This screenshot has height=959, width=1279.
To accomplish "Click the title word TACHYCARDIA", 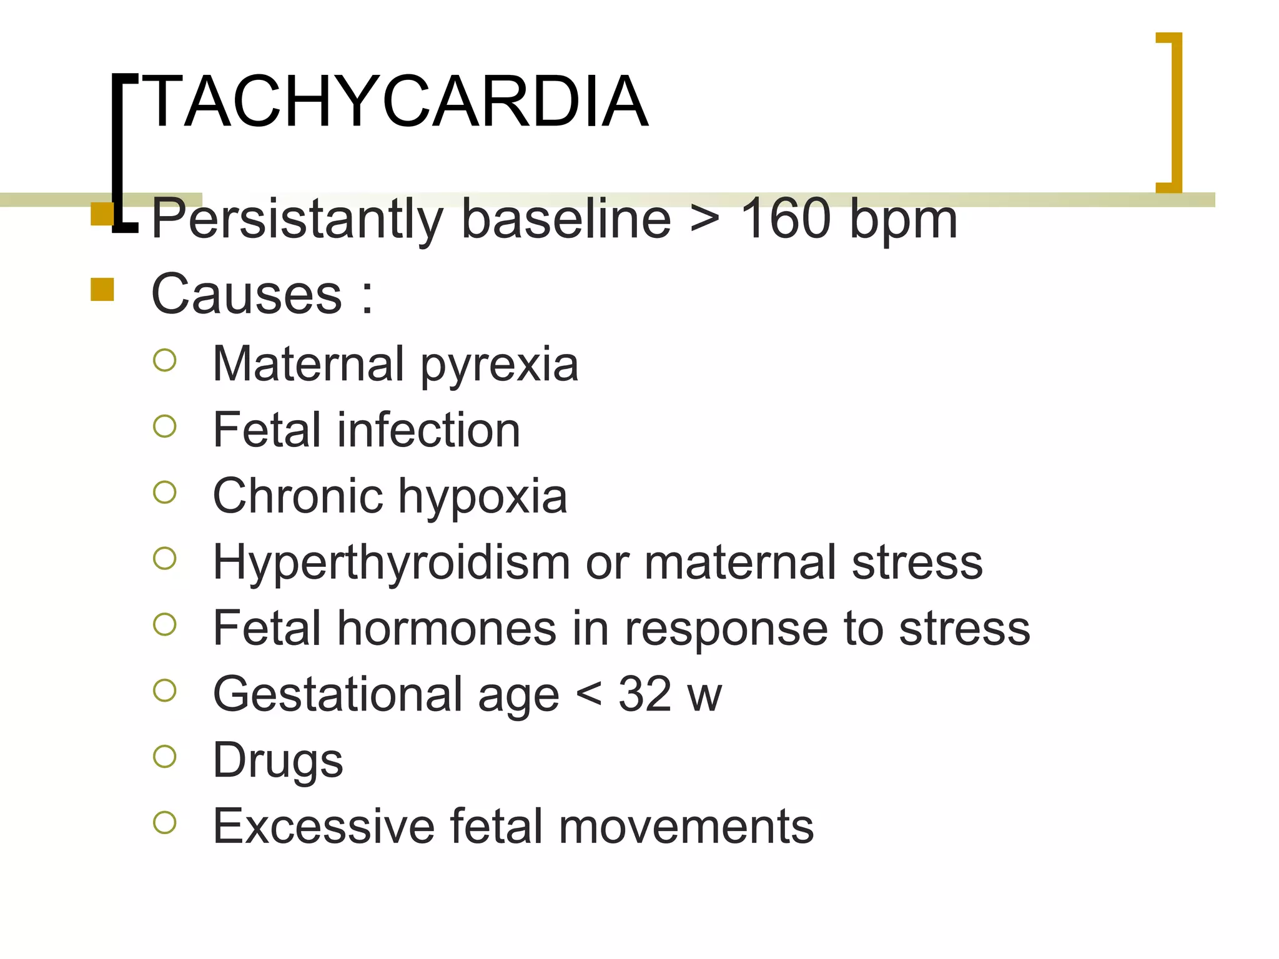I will [397, 101].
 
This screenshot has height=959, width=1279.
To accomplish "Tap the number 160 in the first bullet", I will [785, 219].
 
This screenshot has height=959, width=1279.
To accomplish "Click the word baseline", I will [566, 219].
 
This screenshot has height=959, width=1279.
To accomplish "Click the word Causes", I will [247, 293].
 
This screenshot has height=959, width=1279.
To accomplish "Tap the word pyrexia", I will [499, 365].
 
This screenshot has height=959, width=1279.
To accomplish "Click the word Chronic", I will [297, 496].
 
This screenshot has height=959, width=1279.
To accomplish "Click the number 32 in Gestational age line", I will [644, 694].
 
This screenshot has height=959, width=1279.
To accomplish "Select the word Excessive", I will [323, 827].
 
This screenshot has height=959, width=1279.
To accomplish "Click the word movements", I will [686, 827].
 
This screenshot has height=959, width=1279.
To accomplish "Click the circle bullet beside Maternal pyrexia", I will [165, 360].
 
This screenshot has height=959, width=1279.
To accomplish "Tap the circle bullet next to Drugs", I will [165, 756].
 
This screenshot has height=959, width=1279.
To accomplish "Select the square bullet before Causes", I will [102, 290].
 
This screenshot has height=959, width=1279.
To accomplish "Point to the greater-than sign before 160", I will [704, 219].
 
